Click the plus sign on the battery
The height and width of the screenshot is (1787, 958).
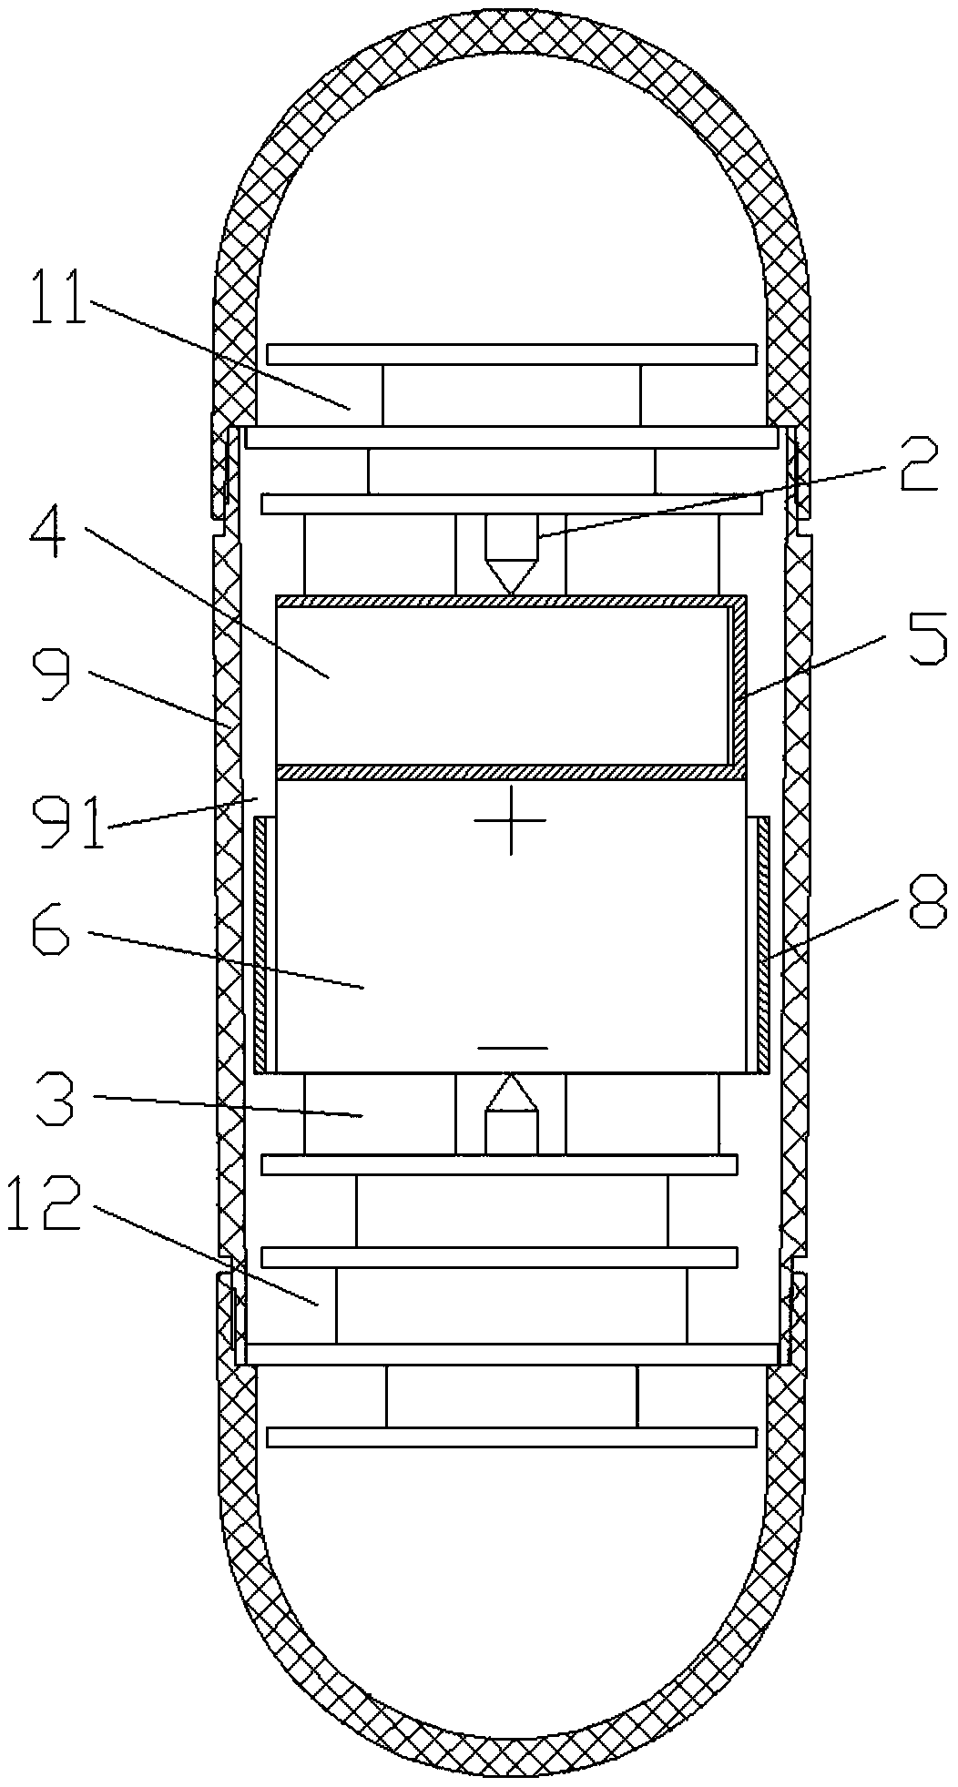[x=511, y=820]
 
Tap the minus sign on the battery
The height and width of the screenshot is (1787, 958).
[x=513, y=1048]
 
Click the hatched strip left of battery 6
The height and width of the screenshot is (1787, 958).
[x=261, y=944]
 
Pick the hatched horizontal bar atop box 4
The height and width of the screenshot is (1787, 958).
[x=511, y=601]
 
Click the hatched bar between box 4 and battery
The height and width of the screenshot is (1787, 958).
[x=511, y=772]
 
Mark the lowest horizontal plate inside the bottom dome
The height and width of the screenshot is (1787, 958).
[x=511, y=1437]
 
